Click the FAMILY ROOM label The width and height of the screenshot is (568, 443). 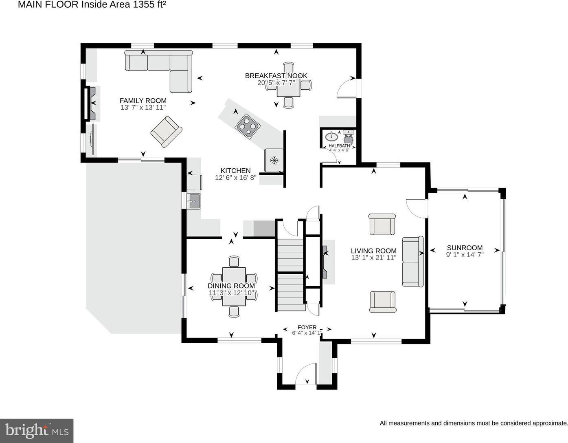tap(143, 101)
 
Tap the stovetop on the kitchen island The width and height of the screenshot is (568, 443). tap(247, 126)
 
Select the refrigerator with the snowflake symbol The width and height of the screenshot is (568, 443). tap(274, 160)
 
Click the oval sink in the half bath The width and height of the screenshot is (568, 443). tap(331, 136)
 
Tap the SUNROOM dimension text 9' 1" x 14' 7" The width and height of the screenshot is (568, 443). tap(465, 255)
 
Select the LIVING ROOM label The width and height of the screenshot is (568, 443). tap(373, 251)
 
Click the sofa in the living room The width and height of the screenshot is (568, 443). tap(413, 262)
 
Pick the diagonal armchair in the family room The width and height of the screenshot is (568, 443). tap(166, 132)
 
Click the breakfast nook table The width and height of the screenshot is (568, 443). tap(288, 86)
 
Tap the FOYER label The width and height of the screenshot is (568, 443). tap(307, 327)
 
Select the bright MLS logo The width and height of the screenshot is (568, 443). tap(37, 431)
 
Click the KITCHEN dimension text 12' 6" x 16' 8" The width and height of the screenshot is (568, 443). tap(235, 178)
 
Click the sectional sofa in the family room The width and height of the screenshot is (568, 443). tap(159, 71)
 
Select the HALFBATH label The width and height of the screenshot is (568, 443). tap(339, 145)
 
